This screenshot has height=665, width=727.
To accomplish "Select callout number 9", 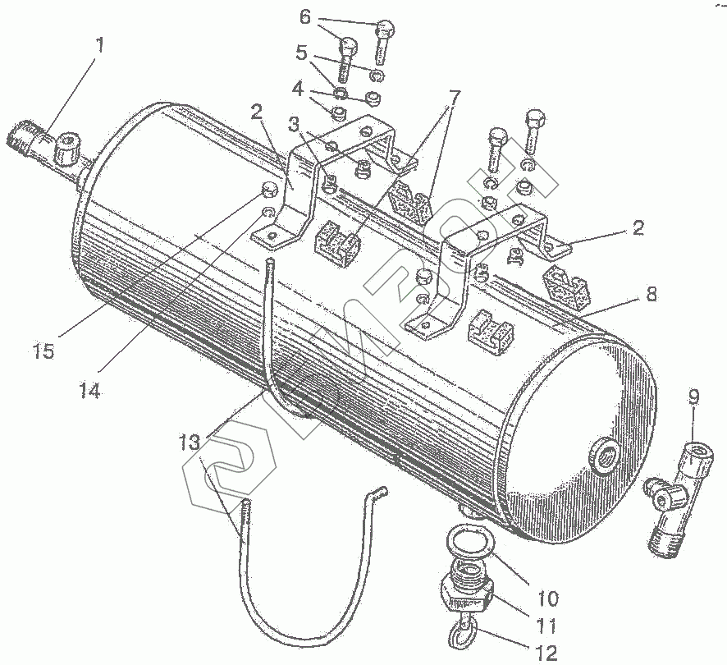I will tap(693, 399).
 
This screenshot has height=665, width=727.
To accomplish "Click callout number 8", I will tap(652, 293).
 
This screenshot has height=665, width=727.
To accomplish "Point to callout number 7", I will tap(454, 95).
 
